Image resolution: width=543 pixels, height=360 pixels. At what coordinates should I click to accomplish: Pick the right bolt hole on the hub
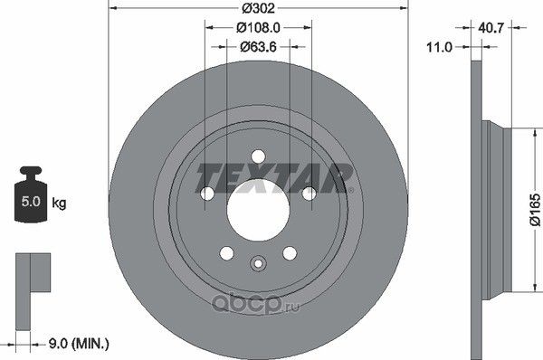[308, 193]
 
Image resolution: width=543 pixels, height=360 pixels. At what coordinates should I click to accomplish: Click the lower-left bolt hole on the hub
[226, 252]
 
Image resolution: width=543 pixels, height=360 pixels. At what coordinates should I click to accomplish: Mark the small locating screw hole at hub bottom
[257, 265]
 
